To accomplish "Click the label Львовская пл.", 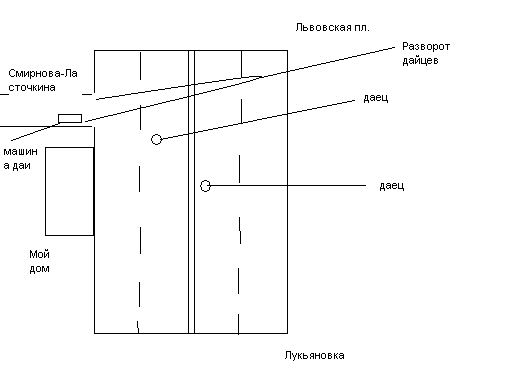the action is [332, 27].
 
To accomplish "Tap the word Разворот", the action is [426, 47].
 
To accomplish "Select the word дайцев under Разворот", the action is [420, 61].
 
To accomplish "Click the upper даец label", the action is [376, 98].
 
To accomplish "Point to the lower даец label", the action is [392, 186].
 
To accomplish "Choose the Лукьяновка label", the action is [314, 356].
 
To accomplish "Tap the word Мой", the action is [39, 254].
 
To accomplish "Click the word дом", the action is [39, 269].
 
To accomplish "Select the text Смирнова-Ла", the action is [43, 73].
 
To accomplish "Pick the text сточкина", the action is [32, 88].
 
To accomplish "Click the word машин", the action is [20, 152].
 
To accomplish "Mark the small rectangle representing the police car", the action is [70, 118].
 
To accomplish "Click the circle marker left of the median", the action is [156, 139].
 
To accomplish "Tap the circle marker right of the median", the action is [205, 186].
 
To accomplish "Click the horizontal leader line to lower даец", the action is [288, 185].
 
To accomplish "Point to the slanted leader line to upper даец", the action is [258, 119].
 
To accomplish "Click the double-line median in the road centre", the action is [191, 192].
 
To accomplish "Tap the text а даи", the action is [17, 166].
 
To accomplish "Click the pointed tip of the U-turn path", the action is [262, 77].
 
